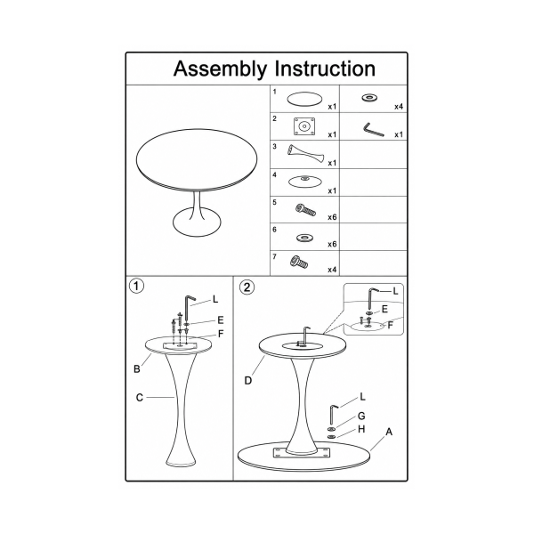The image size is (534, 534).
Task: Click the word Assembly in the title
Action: click(220, 69)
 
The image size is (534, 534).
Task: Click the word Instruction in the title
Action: click(325, 69)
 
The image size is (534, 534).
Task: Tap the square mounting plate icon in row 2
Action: click(304, 126)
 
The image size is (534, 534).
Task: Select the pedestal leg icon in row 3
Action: click(305, 154)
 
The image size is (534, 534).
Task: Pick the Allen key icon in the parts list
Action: click(374, 130)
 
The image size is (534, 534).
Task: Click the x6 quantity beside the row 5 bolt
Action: click(332, 217)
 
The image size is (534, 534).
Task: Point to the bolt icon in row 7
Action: click(299, 262)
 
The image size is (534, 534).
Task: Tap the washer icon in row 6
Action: click(304, 238)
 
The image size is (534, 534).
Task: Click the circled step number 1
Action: click(136, 286)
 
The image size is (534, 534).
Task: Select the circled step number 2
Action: click(247, 287)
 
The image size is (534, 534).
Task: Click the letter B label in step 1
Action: click(137, 369)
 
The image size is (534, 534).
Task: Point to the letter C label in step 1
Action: click(140, 398)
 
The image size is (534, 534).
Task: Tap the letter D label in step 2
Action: click(248, 381)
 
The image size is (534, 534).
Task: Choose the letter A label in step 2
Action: click(389, 432)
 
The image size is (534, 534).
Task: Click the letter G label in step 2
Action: click(361, 416)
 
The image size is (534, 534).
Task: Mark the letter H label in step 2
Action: click(361, 430)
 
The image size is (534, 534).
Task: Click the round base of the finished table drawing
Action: click(197, 222)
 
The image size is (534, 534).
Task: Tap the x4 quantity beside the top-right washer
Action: click(399, 107)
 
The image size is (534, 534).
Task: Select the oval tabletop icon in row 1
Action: click(304, 99)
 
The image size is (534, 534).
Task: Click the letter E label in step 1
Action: click(221, 320)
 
